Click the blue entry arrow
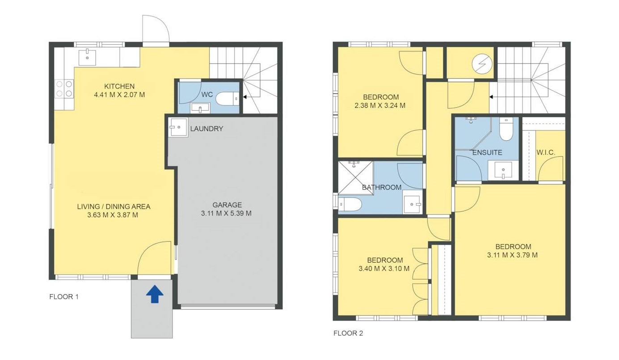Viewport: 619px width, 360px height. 155,294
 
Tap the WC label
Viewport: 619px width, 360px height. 207,95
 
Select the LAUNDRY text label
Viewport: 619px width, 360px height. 206,129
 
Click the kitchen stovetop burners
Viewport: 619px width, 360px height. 64,88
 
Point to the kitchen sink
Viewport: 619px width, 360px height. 87,58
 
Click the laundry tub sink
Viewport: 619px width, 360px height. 178,127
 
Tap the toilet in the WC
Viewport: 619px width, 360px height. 227,99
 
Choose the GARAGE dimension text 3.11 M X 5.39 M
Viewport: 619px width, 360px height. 226,213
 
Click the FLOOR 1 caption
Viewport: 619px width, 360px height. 64,297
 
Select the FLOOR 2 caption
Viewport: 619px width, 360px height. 348,333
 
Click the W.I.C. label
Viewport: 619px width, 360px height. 546,152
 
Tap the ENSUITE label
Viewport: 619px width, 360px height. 487,152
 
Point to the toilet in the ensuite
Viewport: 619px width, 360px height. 506,129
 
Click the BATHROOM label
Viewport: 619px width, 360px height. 382,188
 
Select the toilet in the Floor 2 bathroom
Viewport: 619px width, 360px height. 350,205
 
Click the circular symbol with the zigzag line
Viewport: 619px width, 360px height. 482,63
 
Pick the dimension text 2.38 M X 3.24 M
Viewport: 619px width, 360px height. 380,105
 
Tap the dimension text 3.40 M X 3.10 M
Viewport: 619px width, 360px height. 384,268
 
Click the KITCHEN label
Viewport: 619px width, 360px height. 119,86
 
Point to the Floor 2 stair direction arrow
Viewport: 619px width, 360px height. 491,97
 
